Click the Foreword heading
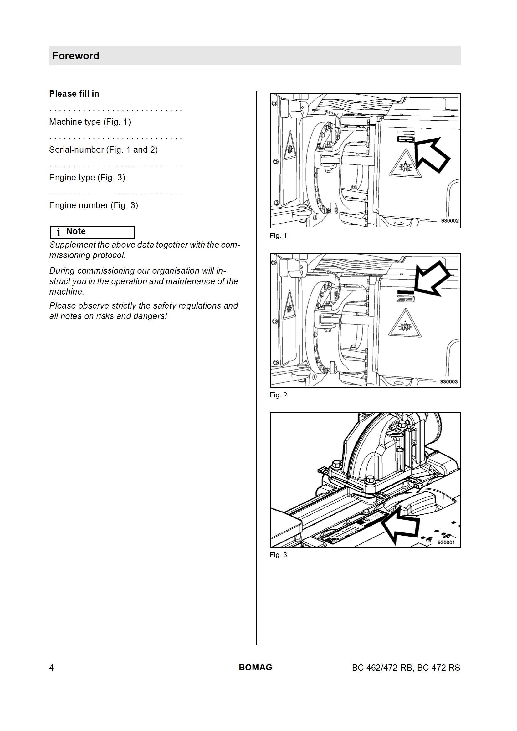pyautogui.click(x=76, y=56)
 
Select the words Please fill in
pyautogui.click(x=74, y=93)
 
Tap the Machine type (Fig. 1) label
pyautogui.click(x=90, y=122)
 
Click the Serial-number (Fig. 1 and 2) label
pyautogui.click(x=103, y=150)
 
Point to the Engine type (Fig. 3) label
pyautogui.click(x=87, y=178)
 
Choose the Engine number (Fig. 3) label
pyautogui.click(x=93, y=205)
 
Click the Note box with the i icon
pyautogui.click(x=92, y=232)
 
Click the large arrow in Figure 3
pyautogui.click(x=400, y=527)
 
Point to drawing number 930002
pyautogui.click(x=450, y=221)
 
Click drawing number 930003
pyautogui.click(x=449, y=381)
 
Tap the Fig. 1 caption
pyautogui.click(x=278, y=236)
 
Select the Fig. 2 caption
pyautogui.click(x=278, y=395)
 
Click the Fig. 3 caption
pyautogui.click(x=278, y=555)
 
